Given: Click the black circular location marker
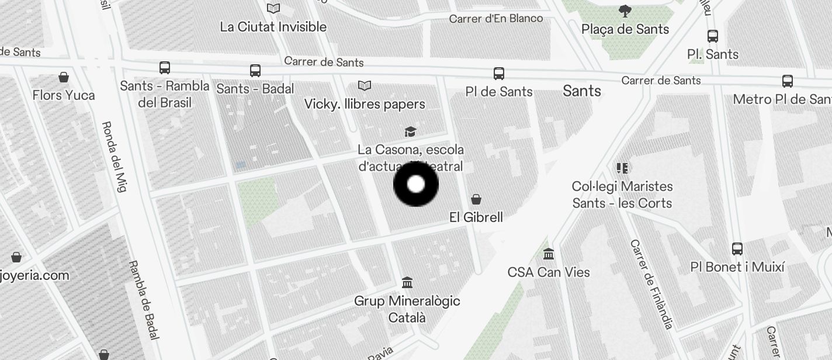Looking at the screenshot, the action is (x=416, y=185).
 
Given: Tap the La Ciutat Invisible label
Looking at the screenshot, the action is (x=273, y=27).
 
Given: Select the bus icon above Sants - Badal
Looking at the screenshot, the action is (x=255, y=71).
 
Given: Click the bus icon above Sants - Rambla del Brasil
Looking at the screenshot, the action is (x=165, y=68).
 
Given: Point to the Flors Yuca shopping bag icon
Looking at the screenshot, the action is (x=64, y=77).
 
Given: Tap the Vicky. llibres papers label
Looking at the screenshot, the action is (x=365, y=104).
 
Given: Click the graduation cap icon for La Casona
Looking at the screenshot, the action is (x=411, y=131).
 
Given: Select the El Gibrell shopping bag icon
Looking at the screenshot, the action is (x=477, y=199).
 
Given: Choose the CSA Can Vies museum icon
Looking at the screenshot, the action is (x=549, y=254).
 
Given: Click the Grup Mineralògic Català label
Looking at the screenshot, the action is (x=407, y=309).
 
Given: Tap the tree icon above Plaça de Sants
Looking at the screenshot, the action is (x=625, y=11).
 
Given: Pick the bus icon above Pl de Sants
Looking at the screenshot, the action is (x=499, y=74).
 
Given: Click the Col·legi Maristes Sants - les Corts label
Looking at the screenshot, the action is (x=622, y=195).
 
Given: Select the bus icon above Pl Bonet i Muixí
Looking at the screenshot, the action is (x=737, y=249).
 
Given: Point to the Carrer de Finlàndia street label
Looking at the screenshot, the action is (x=651, y=284).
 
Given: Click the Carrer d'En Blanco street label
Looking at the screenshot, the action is (x=496, y=19).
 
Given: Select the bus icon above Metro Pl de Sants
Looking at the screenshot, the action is (x=788, y=81).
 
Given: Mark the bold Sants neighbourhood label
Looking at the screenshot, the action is (x=582, y=91).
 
